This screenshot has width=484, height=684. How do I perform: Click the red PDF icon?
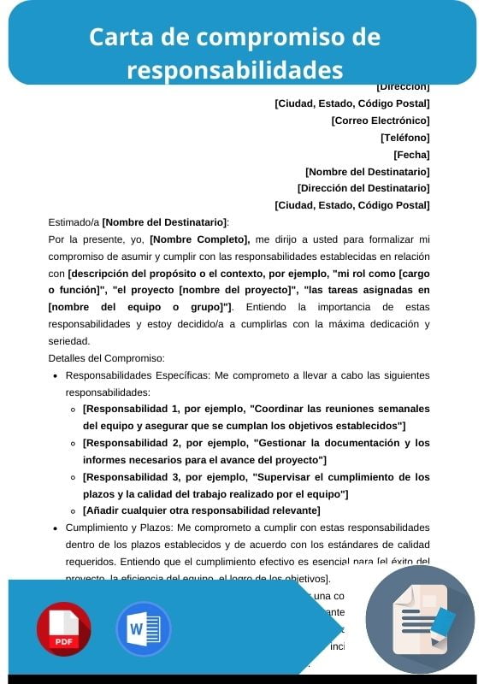click(x=63, y=628)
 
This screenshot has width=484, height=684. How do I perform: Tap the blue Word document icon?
click(x=143, y=628)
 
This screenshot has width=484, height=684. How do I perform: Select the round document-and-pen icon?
click(x=420, y=619)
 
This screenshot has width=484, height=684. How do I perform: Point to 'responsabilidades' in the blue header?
click(x=234, y=68)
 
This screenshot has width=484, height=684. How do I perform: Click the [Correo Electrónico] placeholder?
click(x=381, y=121)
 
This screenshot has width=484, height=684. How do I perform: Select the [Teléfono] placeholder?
click(x=405, y=138)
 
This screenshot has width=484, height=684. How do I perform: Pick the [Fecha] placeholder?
click(x=411, y=155)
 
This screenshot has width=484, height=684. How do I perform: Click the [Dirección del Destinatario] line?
click(x=363, y=188)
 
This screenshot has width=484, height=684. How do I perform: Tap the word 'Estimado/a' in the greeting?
click(x=74, y=222)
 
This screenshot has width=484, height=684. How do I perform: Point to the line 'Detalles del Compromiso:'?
click(x=107, y=358)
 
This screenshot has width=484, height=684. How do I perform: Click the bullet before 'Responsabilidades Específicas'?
click(x=56, y=375)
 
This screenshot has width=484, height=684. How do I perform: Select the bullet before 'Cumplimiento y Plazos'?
click(x=56, y=528)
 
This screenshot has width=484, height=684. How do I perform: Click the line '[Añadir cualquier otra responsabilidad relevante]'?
click(x=201, y=510)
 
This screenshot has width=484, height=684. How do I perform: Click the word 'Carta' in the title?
click(x=119, y=38)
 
